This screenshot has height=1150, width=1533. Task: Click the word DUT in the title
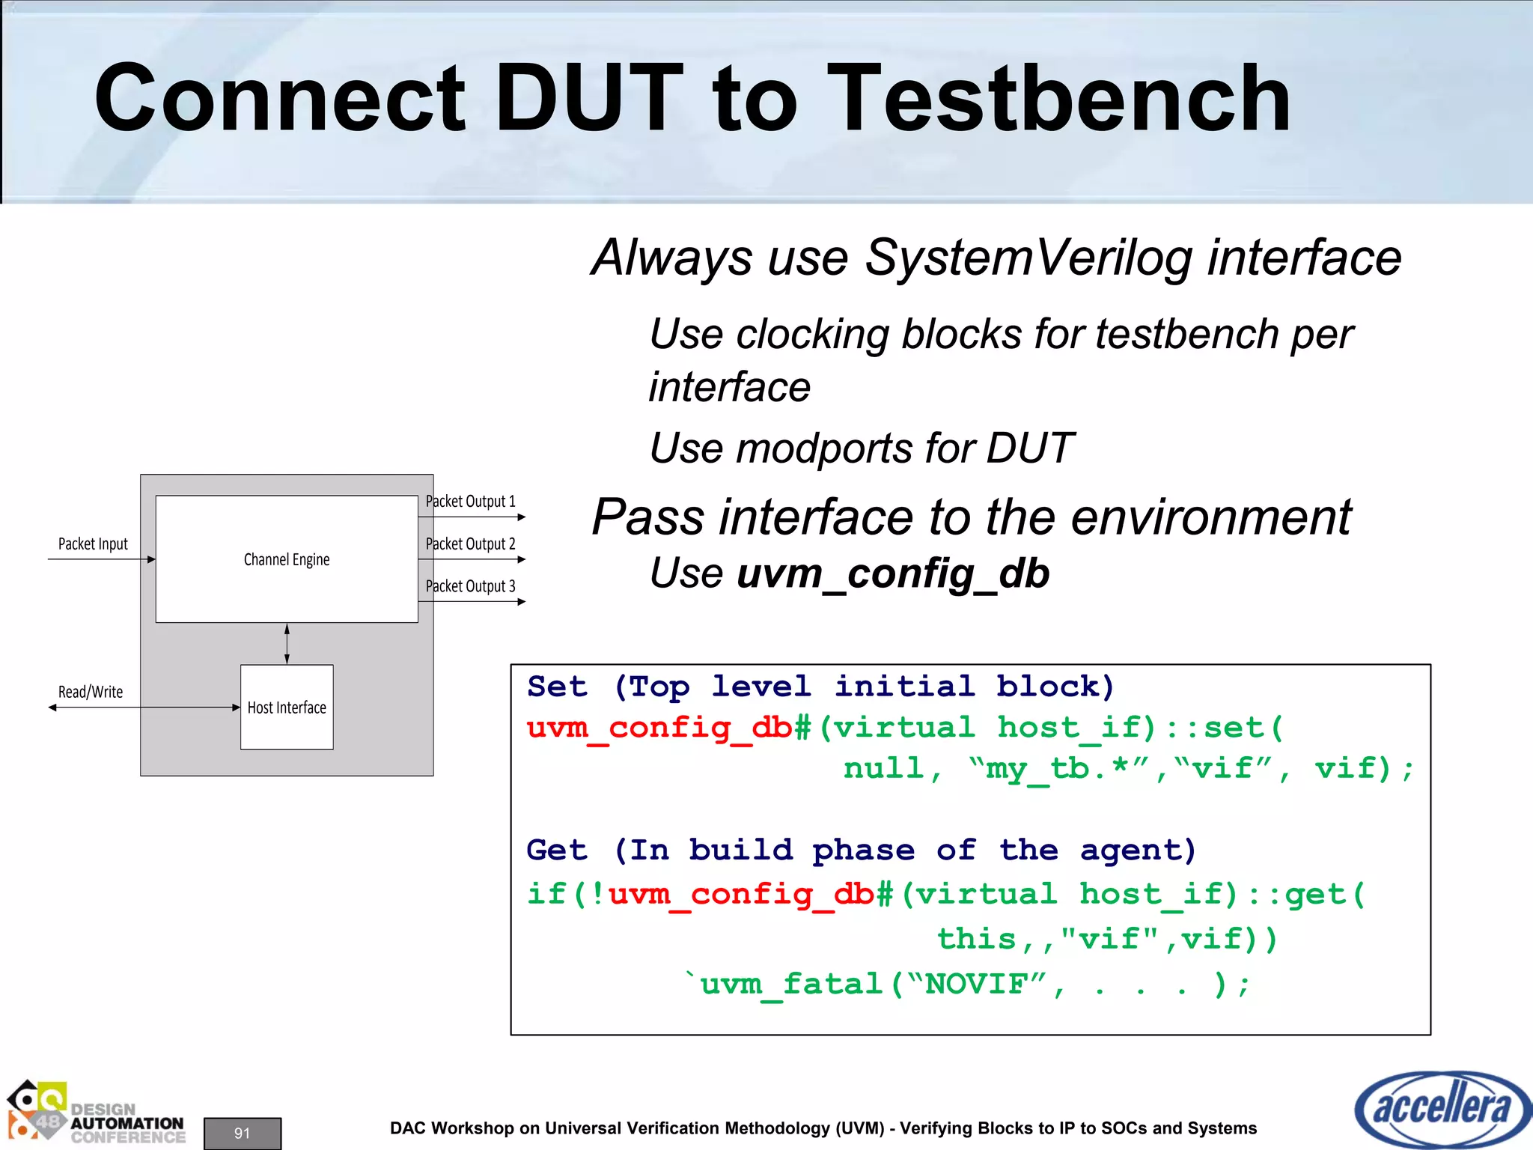[588, 99]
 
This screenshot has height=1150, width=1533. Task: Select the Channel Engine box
[287, 559]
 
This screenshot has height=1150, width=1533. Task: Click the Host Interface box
[287, 708]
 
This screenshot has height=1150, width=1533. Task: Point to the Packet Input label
[93, 544]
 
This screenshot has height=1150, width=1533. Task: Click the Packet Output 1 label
[471, 502]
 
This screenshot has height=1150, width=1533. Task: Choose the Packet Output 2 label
[471, 544]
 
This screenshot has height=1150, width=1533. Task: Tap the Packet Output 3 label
[471, 586]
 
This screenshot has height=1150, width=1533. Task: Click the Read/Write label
[91, 692]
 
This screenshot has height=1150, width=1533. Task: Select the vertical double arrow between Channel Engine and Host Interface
[287, 644]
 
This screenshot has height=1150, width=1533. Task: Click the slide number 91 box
[242, 1133]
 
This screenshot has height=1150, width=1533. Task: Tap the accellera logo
[1441, 1109]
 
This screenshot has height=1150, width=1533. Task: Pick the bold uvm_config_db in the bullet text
[893, 574]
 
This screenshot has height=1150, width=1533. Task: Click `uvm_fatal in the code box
[783, 984]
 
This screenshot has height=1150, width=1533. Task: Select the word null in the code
[883, 769]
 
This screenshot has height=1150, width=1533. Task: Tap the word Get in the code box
[557, 851]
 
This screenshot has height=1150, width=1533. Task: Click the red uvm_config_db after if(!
[741, 895]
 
